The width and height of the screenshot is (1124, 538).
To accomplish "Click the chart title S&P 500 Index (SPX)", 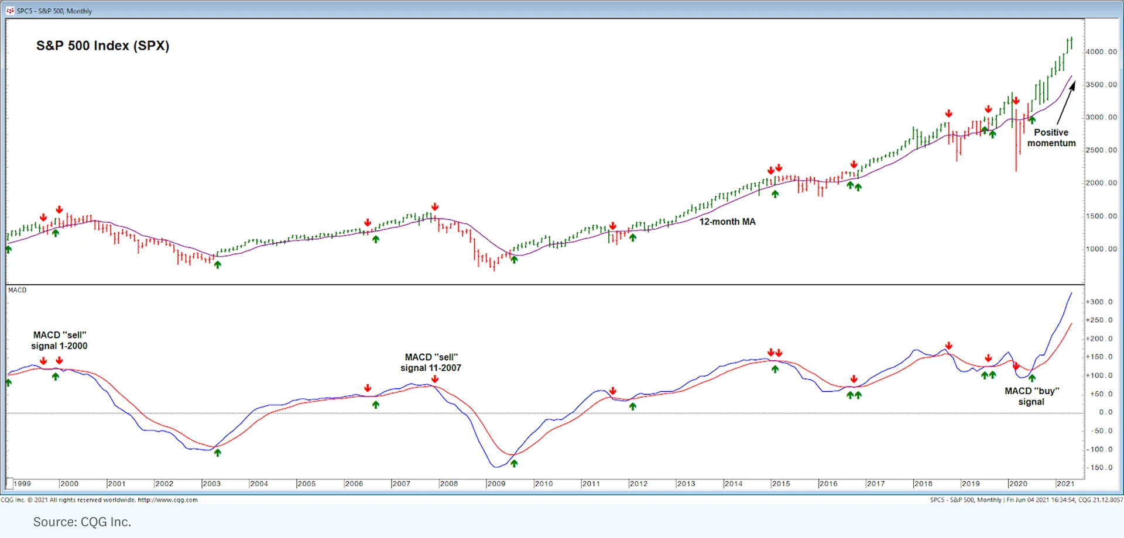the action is pos(102,46).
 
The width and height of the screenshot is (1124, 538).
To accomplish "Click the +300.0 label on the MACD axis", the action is pos(1099,302).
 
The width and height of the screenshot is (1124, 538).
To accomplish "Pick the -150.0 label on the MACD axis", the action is pos(1099,467).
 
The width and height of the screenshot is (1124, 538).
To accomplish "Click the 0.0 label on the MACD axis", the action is pos(1105,412).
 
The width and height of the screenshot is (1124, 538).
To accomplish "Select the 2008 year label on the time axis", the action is pos(449,484).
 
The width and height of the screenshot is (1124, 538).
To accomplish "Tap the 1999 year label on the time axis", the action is pos(22,484).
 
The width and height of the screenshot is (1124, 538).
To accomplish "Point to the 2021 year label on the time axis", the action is pos(1065,484).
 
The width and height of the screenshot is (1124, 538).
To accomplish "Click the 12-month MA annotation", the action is pos(727,222).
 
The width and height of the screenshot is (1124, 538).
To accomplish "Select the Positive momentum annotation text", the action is pos(1051,137).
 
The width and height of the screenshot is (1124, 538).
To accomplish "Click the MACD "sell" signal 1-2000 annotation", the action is pos(59,340).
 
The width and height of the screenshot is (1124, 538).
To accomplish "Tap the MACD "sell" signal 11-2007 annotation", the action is pos(431,363).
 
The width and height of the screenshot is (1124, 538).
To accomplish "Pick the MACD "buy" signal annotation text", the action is pos(1032,396).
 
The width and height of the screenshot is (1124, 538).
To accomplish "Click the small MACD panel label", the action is pos(18,290).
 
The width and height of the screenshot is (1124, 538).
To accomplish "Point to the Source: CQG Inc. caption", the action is pos(82,522).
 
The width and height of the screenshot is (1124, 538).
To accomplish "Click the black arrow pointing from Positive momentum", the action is pos(1067,103).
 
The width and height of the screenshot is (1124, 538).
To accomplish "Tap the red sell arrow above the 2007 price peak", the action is pos(435,207).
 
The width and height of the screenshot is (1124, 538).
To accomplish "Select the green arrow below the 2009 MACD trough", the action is pos(514,463).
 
